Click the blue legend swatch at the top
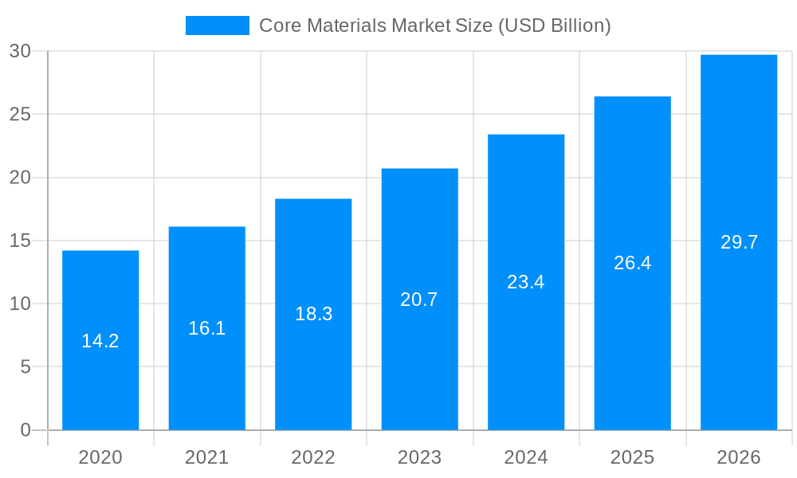coord(217,25)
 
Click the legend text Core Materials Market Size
coord(434,25)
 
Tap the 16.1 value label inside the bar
coord(207,327)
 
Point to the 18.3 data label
coord(313,314)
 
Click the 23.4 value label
coord(526,282)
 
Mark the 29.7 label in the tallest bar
coord(739,243)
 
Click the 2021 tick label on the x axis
coord(207,457)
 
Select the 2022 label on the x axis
coord(313,457)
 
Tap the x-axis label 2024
coord(526,457)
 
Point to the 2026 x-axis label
coord(739,457)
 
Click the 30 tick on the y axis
coord(20,52)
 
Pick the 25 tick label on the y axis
coord(20,115)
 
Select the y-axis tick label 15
coord(20,241)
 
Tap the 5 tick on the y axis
coord(25,367)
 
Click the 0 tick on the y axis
coord(25,430)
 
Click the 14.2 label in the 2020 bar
coord(100,341)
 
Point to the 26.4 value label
coord(633,263)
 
